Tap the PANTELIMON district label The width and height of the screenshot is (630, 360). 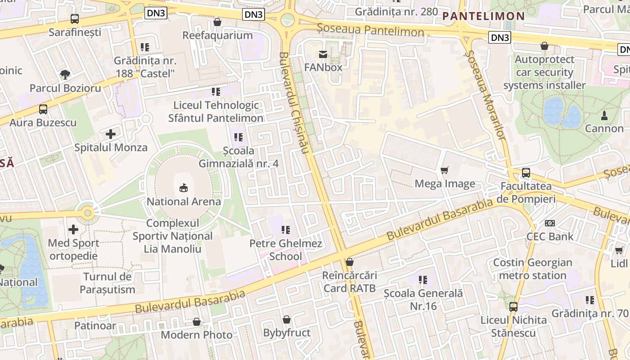click(484, 16)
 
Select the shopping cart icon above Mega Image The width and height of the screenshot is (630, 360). click(445, 170)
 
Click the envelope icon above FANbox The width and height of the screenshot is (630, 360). click(323, 54)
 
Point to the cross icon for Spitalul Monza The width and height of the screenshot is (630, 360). click(111, 134)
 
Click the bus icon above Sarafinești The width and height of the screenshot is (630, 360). click(75, 19)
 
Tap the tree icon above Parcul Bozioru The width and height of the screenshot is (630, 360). click(65, 74)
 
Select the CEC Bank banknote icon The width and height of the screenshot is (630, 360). click(550, 223)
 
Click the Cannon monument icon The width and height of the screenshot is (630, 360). click(604, 115)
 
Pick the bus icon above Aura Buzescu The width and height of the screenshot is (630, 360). click(43, 109)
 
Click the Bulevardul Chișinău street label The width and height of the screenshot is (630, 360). click(293, 103)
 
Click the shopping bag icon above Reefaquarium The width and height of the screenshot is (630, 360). click(217, 22)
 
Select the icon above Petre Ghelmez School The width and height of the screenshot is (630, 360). click(286, 230)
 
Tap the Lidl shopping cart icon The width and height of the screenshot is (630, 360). click(619, 250)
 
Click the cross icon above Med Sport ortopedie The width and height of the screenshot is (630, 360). click(73, 229)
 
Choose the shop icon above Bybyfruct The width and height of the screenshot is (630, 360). click(287, 319)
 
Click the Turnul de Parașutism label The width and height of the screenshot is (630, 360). click(108, 283)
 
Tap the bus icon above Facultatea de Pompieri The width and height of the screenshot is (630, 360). click(526, 172)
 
